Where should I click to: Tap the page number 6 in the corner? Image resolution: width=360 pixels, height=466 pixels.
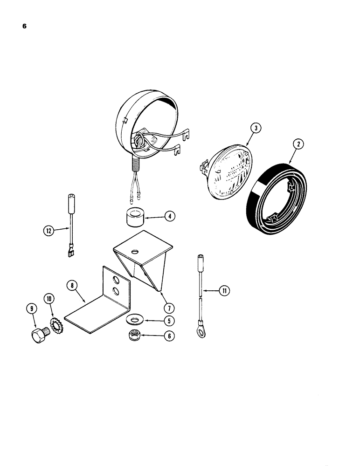[x=24, y=26]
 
